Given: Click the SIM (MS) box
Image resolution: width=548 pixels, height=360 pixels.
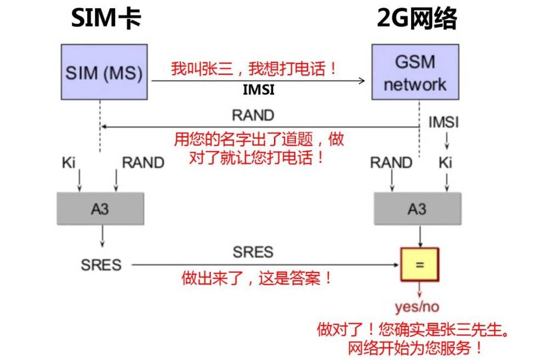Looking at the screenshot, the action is coord(104,72).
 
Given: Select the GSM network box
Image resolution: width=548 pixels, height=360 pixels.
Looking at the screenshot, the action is coord(415,72).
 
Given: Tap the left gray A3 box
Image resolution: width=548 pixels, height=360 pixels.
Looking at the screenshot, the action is coord(101,209).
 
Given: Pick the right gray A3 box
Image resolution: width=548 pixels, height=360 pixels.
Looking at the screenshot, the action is coord(418,209).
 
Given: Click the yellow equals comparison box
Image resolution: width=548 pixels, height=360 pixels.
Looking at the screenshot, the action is coord(419,265).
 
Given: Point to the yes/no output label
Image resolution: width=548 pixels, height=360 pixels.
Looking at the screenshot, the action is coord(417,306).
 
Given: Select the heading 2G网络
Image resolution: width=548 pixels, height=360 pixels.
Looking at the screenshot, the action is coord(417,18).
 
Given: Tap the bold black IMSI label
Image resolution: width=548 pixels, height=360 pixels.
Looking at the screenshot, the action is coord(259,90).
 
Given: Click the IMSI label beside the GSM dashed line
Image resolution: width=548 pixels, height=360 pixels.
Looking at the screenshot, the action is coord(443,122).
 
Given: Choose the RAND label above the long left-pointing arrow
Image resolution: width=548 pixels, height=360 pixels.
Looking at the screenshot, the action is coord(253,115).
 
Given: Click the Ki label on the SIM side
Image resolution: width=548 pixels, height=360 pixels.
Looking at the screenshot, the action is coord(68,163).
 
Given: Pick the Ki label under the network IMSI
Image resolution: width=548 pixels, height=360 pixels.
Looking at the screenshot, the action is coord(445,163).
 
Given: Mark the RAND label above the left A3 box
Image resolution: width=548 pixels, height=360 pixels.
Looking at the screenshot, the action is coord(143,163).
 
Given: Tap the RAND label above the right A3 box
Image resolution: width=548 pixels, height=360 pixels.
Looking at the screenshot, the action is coord(391,163).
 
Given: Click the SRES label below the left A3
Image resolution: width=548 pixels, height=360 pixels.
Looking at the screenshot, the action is coord(101,265).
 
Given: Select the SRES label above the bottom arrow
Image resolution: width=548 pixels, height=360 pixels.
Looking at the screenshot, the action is coord(253,252).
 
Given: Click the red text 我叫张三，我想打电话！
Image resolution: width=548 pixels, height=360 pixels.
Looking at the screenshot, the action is coord(254,68).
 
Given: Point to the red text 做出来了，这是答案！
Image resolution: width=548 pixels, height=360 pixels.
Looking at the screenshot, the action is coord(256,278).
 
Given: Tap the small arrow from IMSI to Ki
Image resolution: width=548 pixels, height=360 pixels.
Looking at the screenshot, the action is coord(447,141).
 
